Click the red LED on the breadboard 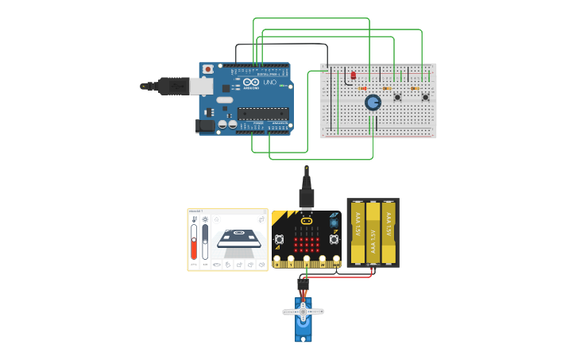[354, 75]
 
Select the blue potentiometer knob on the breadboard [373, 102]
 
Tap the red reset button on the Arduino [208, 69]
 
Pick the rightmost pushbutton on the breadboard [425, 98]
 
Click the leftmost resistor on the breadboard [362, 87]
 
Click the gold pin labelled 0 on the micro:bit [278, 260]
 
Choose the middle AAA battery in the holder [373, 231]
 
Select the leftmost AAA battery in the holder [358, 231]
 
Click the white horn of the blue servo [303, 312]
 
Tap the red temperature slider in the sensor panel [193, 249]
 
